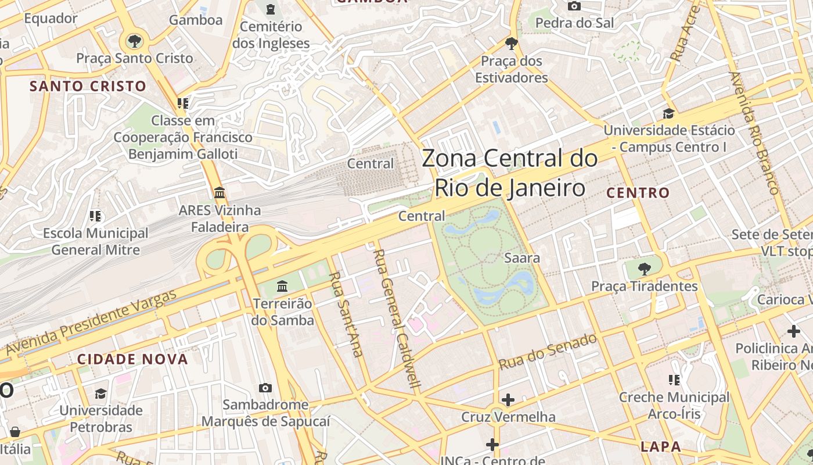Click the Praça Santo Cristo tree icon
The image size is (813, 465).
[x=135, y=41]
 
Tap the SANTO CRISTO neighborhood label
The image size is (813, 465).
[x=88, y=86]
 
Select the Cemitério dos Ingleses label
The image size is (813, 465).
[x=271, y=35]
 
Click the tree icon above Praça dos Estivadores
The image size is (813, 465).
[x=512, y=43]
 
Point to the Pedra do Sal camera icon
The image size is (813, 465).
[x=574, y=6]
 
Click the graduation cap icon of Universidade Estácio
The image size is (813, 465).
[x=669, y=113]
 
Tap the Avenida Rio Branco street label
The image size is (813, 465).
[x=753, y=133]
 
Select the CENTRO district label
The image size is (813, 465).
[x=638, y=193]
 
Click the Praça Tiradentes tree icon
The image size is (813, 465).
[x=644, y=269]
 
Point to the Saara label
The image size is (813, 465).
[x=522, y=257]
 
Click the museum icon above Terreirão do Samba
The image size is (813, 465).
[x=283, y=286]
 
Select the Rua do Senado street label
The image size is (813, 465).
[x=548, y=351]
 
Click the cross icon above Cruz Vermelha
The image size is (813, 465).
[x=508, y=400]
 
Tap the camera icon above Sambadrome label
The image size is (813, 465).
[x=265, y=388]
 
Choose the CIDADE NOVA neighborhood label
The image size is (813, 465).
[x=133, y=359]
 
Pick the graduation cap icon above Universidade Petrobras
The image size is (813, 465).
[x=101, y=394]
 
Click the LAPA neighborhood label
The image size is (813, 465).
[x=661, y=446]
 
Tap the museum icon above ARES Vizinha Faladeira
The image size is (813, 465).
[x=220, y=192]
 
